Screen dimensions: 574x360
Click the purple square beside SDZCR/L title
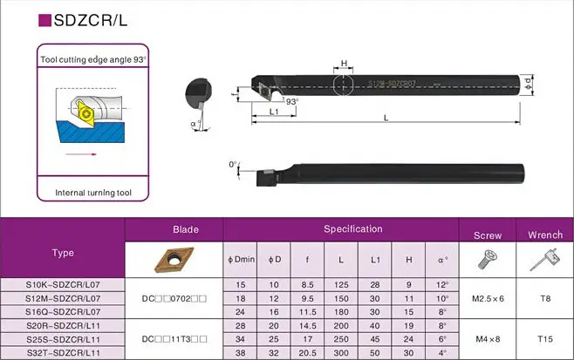[x=44, y=20]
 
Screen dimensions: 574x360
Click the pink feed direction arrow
[x=81, y=154]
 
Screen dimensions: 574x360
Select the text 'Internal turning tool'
[x=93, y=193]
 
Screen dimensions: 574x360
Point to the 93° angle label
[x=292, y=101]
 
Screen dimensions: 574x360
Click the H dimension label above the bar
[x=344, y=63]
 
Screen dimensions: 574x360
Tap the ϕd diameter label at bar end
[x=528, y=84]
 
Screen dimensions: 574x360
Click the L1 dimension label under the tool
[x=274, y=112]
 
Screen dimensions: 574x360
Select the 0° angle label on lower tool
[x=233, y=165]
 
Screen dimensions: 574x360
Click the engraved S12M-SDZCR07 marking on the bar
[x=392, y=84]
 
